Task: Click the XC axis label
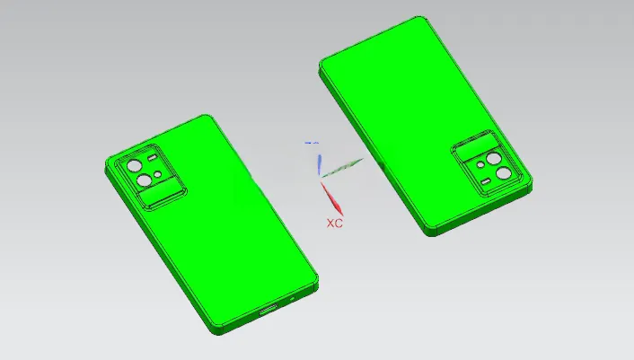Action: click(x=334, y=223)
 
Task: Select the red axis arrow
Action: click(x=332, y=198)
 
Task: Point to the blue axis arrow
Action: click(x=320, y=164)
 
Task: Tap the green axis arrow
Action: click(x=341, y=168)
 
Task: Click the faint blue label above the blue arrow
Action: click(x=312, y=143)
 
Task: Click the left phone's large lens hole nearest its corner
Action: click(x=134, y=166)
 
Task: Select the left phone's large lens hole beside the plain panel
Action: click(x=145, y=180)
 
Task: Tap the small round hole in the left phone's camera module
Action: click(x=158, y=174)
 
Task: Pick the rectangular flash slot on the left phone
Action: click(x=153, y=158)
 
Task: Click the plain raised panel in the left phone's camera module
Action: click(x=161, y=195)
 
